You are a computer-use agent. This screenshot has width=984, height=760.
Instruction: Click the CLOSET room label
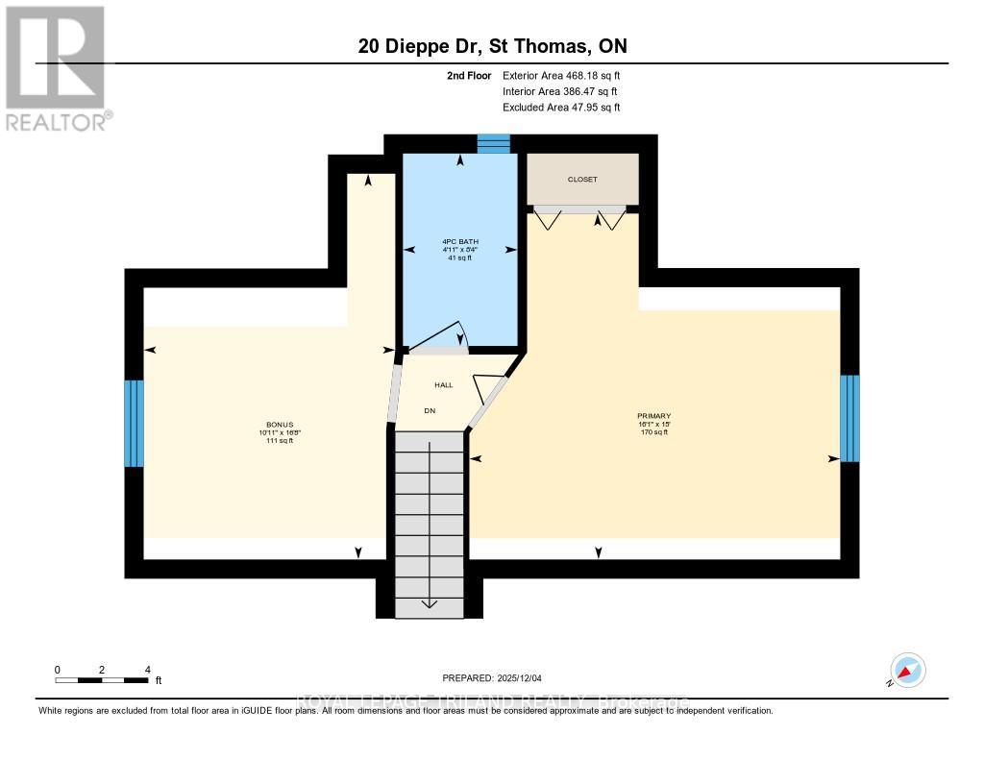point(581,180)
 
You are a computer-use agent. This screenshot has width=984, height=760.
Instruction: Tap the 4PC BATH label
point(460,241)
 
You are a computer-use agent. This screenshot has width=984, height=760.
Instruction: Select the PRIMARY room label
point(653,416)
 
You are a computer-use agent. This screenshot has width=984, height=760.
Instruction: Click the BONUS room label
point(280,425)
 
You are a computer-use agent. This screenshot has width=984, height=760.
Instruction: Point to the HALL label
point(443,384)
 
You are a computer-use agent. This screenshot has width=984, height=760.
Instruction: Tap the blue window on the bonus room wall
point(134,424)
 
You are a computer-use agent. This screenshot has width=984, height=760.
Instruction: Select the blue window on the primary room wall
point(849,418)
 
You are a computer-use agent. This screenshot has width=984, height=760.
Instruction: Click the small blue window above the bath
point(494,144)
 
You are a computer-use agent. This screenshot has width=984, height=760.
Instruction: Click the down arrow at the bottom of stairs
point(428,604)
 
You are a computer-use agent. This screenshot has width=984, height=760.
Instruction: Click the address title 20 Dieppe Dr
point(492,46)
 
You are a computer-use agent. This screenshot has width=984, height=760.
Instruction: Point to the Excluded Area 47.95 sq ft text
point(562,108)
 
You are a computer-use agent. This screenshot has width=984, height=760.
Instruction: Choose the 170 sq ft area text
point(653,432)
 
